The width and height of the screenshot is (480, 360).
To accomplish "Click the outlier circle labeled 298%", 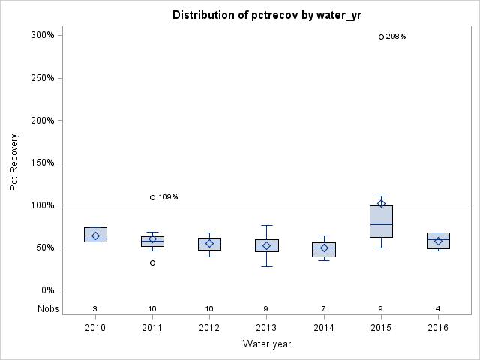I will [381, 37].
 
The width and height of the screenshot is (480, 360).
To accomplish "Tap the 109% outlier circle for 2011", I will [152, 197].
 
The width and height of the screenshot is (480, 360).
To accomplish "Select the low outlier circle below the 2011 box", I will [152, 262].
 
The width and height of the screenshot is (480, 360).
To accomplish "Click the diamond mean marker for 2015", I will [381, 203].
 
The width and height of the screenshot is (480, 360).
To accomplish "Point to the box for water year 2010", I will [95, 234].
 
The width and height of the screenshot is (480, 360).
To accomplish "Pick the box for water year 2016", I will [438, 240].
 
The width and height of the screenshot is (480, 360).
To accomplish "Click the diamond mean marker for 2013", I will [266, 245].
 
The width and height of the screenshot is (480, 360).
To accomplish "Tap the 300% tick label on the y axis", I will [41, 35].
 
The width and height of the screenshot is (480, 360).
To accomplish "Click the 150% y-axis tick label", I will [41, 163].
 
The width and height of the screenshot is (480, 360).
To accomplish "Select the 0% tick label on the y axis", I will [46, 290].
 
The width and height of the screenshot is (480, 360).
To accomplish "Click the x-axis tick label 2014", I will [324, 328].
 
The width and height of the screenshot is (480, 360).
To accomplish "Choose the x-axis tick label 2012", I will [209, 328].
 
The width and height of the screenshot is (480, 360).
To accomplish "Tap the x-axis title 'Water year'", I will [266, 344].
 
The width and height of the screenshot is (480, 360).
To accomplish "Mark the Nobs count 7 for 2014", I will [324, 308].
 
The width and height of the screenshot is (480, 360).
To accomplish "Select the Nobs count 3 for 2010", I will [95, 308].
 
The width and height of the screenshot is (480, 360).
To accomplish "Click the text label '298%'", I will [395, 37].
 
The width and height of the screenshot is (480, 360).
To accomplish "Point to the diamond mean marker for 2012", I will [209, 243].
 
